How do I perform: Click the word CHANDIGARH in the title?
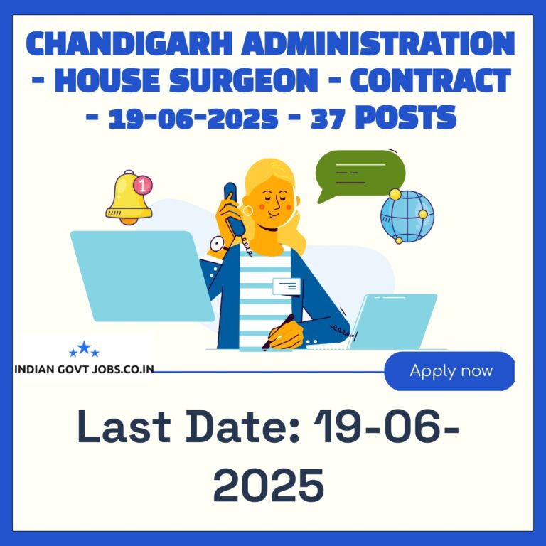click(129, 43)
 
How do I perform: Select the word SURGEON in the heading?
click(244, 81)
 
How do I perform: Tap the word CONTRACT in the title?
click(430, 81)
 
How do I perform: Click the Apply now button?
click(449, 371)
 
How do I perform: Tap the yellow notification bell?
click(129, 198)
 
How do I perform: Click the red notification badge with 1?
click(143, 185)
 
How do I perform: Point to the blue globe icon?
click(407, 216)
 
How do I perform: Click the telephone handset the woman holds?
click(233, 208)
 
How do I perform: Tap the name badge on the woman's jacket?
click(287, 287)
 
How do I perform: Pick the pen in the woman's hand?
click(278, 332)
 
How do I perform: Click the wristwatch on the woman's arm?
click(218, 245)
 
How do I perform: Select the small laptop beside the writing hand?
click(392, 321)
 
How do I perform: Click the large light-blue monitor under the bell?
click(142, 276)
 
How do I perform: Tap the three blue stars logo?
click(84, 349)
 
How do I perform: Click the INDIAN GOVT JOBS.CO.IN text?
click(84, 370)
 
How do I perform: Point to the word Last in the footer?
click(124, 427)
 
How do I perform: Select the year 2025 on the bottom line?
click(269, 485)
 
